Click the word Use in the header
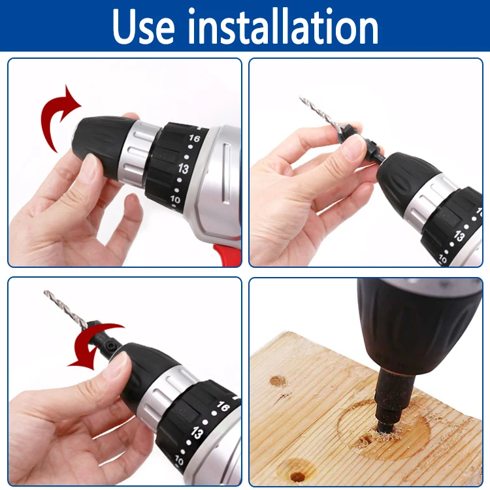[143, 27]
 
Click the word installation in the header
[283, 26]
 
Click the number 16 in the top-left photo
[194, 138]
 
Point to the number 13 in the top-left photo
[184, 169]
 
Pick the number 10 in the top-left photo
[175, 199]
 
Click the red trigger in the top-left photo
[227, 255]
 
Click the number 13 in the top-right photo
[459, 236]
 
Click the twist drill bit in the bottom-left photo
[66, 310]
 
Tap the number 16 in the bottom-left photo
[223, 406]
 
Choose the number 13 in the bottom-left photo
[197, 433]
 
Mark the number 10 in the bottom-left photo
[179, 460]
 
